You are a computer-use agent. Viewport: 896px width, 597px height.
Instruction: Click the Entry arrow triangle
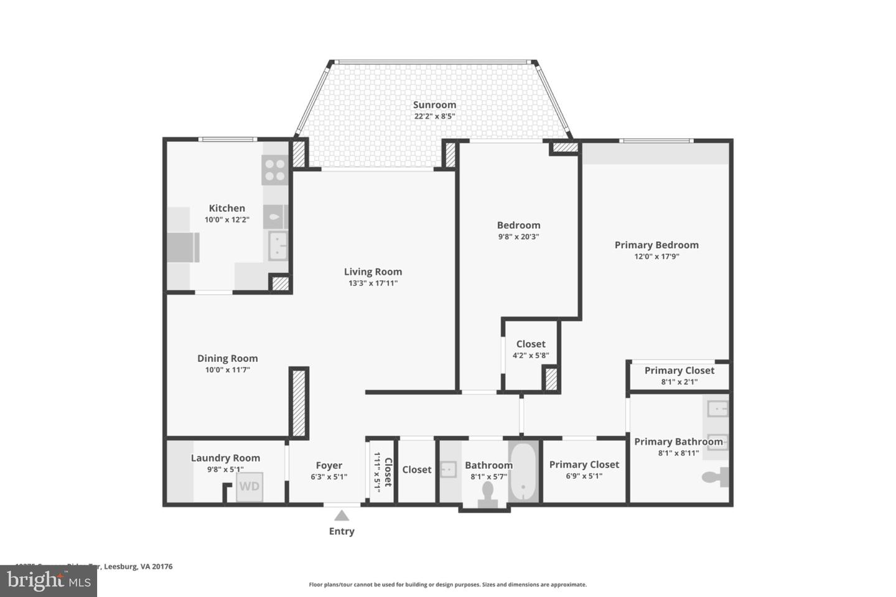[x=341, y=515]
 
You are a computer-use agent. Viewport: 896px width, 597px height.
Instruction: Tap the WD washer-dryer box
[x=250, y=486]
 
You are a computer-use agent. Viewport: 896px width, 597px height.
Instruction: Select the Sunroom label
[x=434, y=105]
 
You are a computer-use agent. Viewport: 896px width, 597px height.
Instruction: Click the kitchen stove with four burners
[x=274, y=170]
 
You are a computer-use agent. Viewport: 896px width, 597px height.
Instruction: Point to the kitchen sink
[x=278, y=246]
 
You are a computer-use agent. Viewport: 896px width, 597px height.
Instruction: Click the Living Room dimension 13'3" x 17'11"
[x=373, y=284]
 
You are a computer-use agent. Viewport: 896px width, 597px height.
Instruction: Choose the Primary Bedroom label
[x=656, y=245]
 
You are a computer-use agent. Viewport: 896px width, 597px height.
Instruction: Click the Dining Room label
[x=227, y=358]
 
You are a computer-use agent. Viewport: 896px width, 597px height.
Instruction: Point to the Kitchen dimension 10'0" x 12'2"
[x=227, y=220]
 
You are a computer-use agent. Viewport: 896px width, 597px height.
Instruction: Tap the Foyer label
[x=329, y=465]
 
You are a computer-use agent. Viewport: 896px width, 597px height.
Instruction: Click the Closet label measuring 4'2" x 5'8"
[x=531, y=344]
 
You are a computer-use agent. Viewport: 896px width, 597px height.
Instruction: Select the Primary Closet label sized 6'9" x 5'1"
[x=584, y=465]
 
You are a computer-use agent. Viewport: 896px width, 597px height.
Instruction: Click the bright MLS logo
[x=49, y=581]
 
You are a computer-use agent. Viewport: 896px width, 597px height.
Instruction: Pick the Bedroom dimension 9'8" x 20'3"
[x=518, y=236]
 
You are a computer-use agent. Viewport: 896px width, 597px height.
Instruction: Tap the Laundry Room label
[x=225, y=458]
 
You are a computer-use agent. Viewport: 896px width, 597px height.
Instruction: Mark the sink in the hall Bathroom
[x=448, y=470]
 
